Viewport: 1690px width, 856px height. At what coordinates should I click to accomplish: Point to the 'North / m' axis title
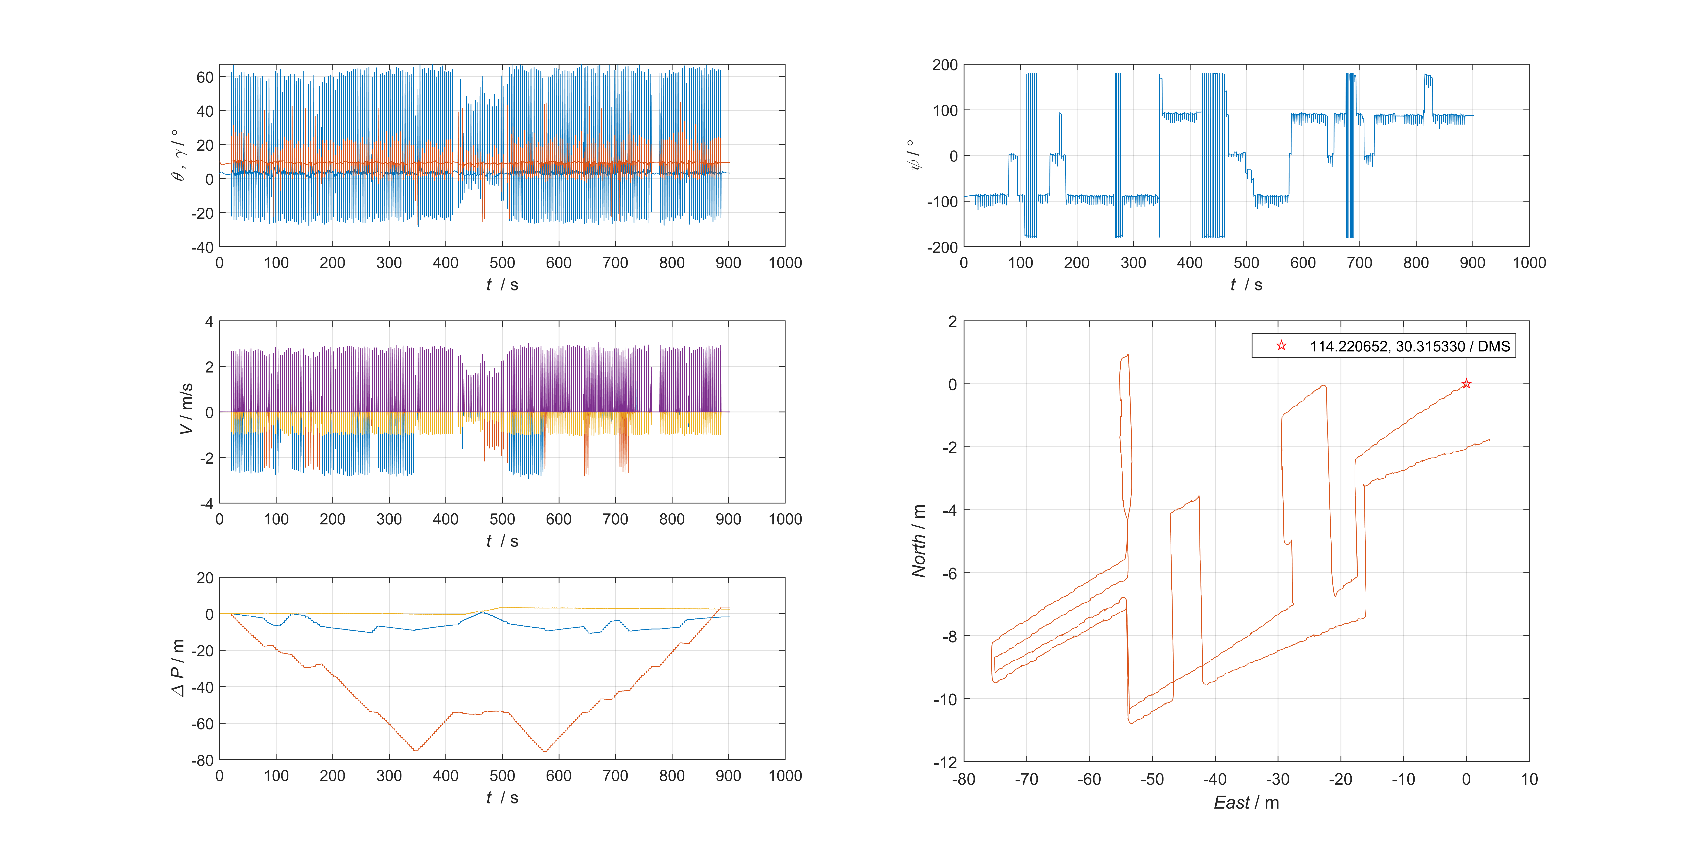[919, 541]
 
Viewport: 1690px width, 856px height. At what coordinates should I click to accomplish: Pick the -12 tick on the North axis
[945, 762]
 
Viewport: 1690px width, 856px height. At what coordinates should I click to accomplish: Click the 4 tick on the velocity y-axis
[209, 322]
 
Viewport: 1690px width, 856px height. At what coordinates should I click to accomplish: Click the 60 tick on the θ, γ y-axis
[205, 78]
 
